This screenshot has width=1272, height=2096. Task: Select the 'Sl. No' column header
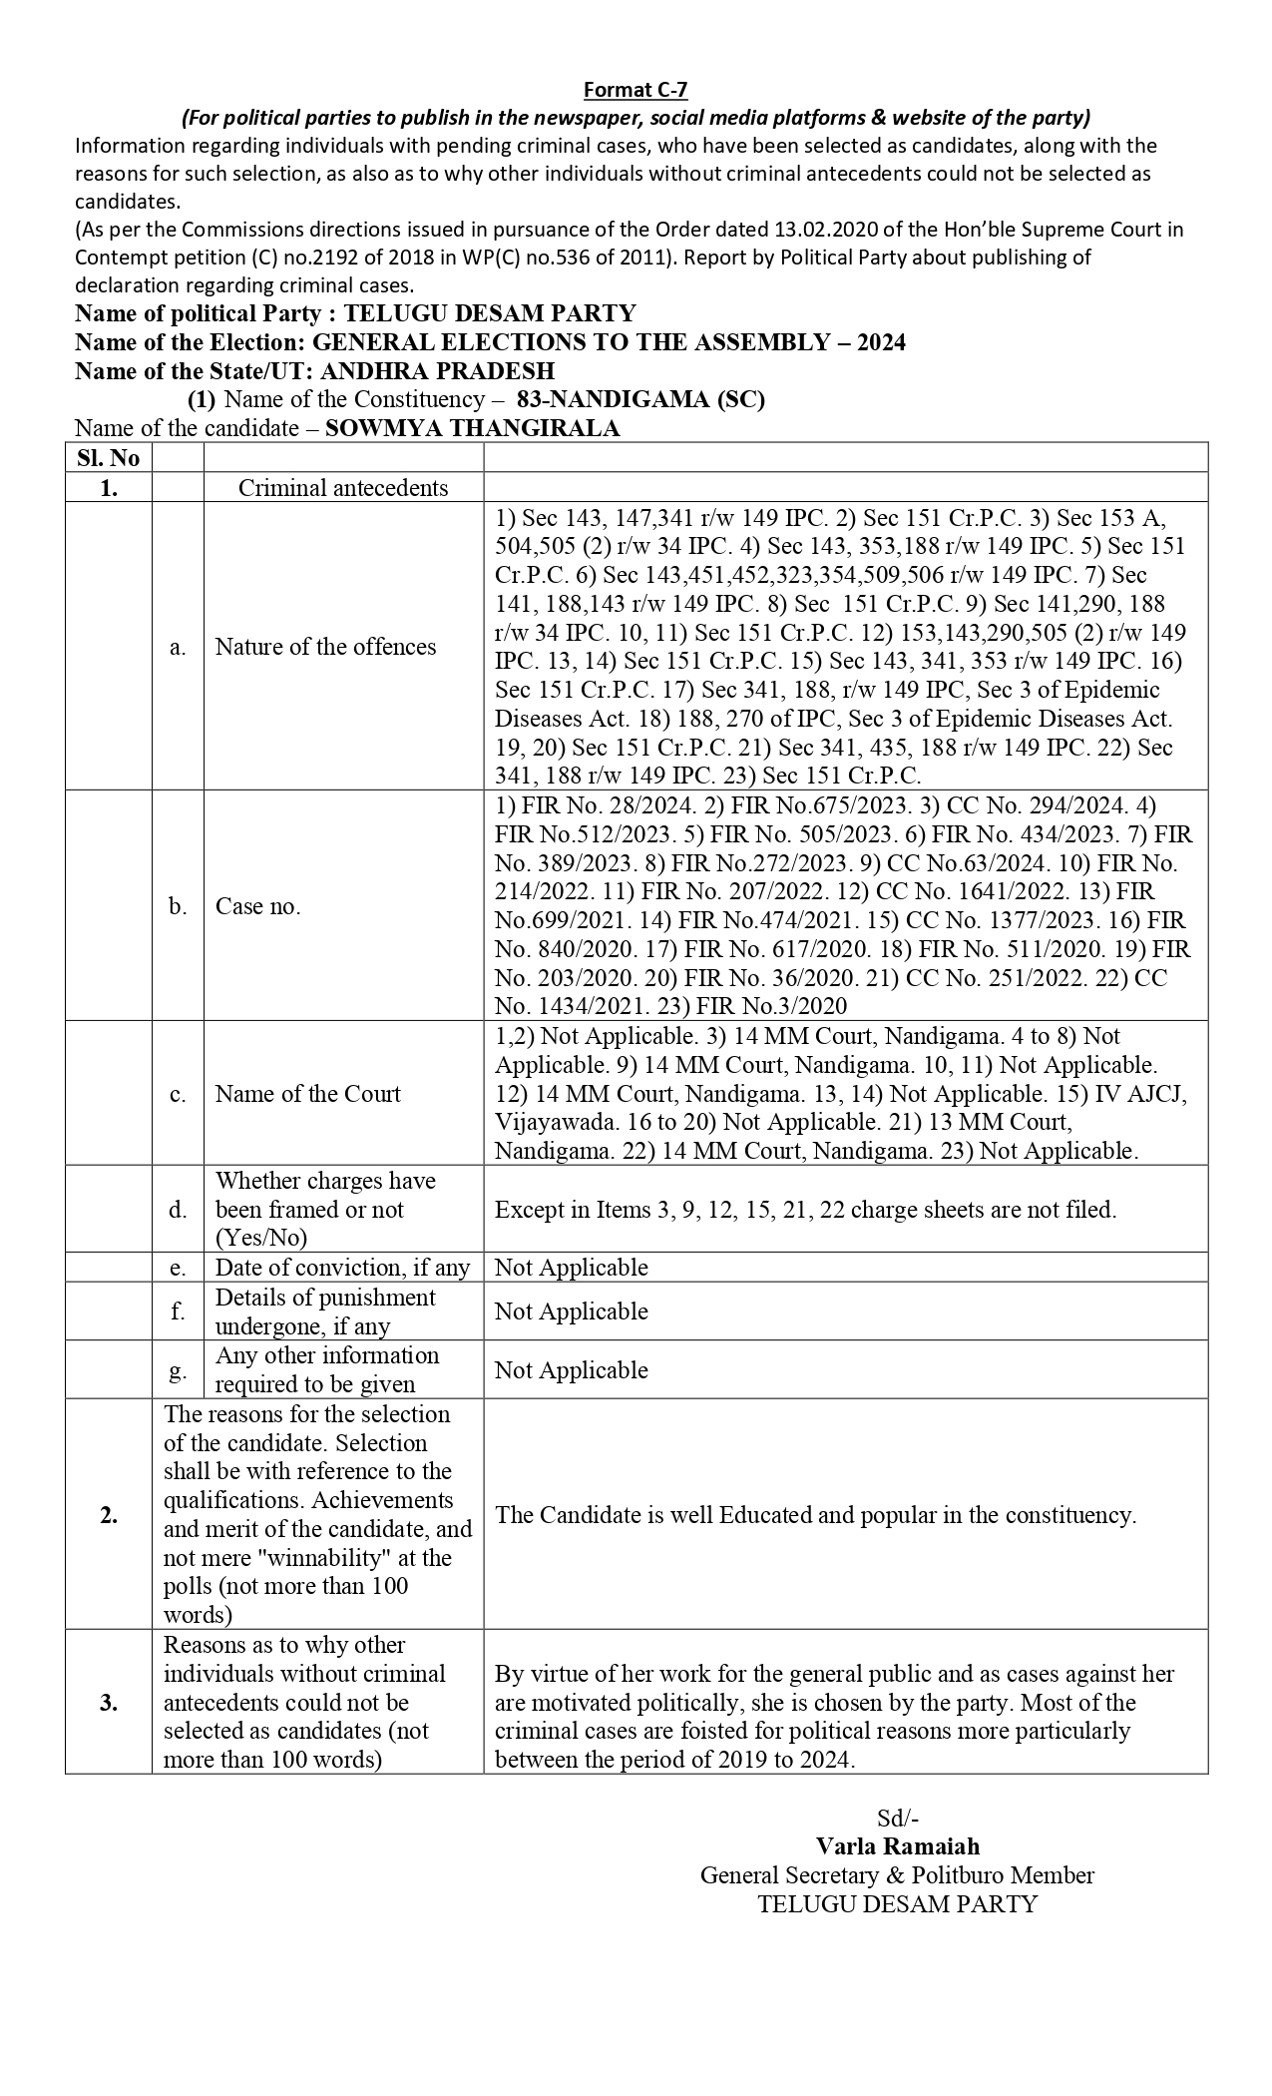108,458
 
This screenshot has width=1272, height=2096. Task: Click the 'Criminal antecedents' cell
343,487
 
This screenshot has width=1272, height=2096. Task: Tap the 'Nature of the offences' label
325,647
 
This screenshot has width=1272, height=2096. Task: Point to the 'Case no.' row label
257,906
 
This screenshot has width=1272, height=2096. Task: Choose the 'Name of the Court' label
307,1093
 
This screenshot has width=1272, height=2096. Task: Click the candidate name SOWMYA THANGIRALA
472,428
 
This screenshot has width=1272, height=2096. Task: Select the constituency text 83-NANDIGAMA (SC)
640,400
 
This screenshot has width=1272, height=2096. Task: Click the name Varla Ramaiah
897,1845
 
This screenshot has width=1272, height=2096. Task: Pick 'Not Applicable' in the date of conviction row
571,1268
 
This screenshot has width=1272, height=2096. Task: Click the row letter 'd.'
178,1210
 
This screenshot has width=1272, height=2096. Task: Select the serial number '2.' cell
108,1515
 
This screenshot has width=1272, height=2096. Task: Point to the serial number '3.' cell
108,1703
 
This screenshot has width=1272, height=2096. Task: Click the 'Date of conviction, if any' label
342,1268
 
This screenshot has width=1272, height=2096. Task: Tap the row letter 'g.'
178,1369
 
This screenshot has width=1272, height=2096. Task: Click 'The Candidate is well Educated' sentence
815,1515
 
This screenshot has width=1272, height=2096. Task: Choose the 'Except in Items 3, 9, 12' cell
805,1210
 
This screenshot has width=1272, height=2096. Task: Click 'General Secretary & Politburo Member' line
897,1874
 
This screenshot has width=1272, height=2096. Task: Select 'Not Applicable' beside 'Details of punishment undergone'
571,1311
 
